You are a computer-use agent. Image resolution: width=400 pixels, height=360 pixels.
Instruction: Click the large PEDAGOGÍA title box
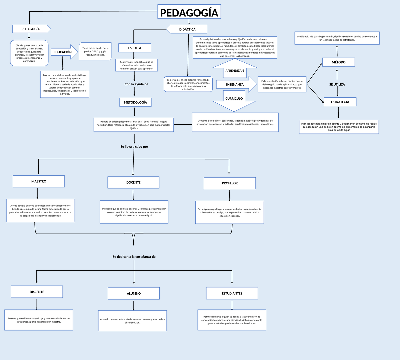(x=189, y=13)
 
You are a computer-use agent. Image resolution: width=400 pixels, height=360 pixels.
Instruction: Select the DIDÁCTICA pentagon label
(x=187, y=29)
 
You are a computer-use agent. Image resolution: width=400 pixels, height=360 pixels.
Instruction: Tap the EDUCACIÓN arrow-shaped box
(x=63, y=52)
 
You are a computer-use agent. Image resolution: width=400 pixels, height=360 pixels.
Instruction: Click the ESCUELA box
(x=135, y=48)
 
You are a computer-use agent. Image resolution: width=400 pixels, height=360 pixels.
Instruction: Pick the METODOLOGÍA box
(x=135, y=102)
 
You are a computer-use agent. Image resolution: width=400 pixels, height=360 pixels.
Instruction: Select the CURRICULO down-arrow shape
(x=234, y=100)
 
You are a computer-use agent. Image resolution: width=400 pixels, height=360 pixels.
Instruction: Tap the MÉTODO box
(x=338, y=62)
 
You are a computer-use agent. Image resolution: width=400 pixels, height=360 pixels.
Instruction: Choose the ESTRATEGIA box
(x=340, y=102)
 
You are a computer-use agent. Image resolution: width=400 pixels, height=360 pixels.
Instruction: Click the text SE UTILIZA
(x=337, y=84)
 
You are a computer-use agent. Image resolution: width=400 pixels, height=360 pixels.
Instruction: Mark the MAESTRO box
(x=39, y=181)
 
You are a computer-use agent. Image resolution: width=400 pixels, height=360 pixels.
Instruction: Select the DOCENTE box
(x=133, y=182)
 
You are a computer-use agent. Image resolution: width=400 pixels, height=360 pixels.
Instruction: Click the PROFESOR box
(x=230, y=183)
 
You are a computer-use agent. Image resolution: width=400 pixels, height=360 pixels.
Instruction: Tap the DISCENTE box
(x=37, y=292)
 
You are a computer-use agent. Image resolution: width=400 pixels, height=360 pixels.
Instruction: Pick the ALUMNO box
(x=134, y=293)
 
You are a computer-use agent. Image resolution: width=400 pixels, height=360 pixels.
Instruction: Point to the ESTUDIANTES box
(x=232, y=293)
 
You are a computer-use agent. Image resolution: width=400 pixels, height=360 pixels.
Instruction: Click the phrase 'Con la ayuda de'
(x=136, y=84)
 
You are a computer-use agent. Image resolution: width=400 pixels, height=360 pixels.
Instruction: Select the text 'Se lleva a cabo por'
(x=134, y=146)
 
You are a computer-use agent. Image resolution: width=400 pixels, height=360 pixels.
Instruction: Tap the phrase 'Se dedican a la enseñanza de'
(x=134, y=257)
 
